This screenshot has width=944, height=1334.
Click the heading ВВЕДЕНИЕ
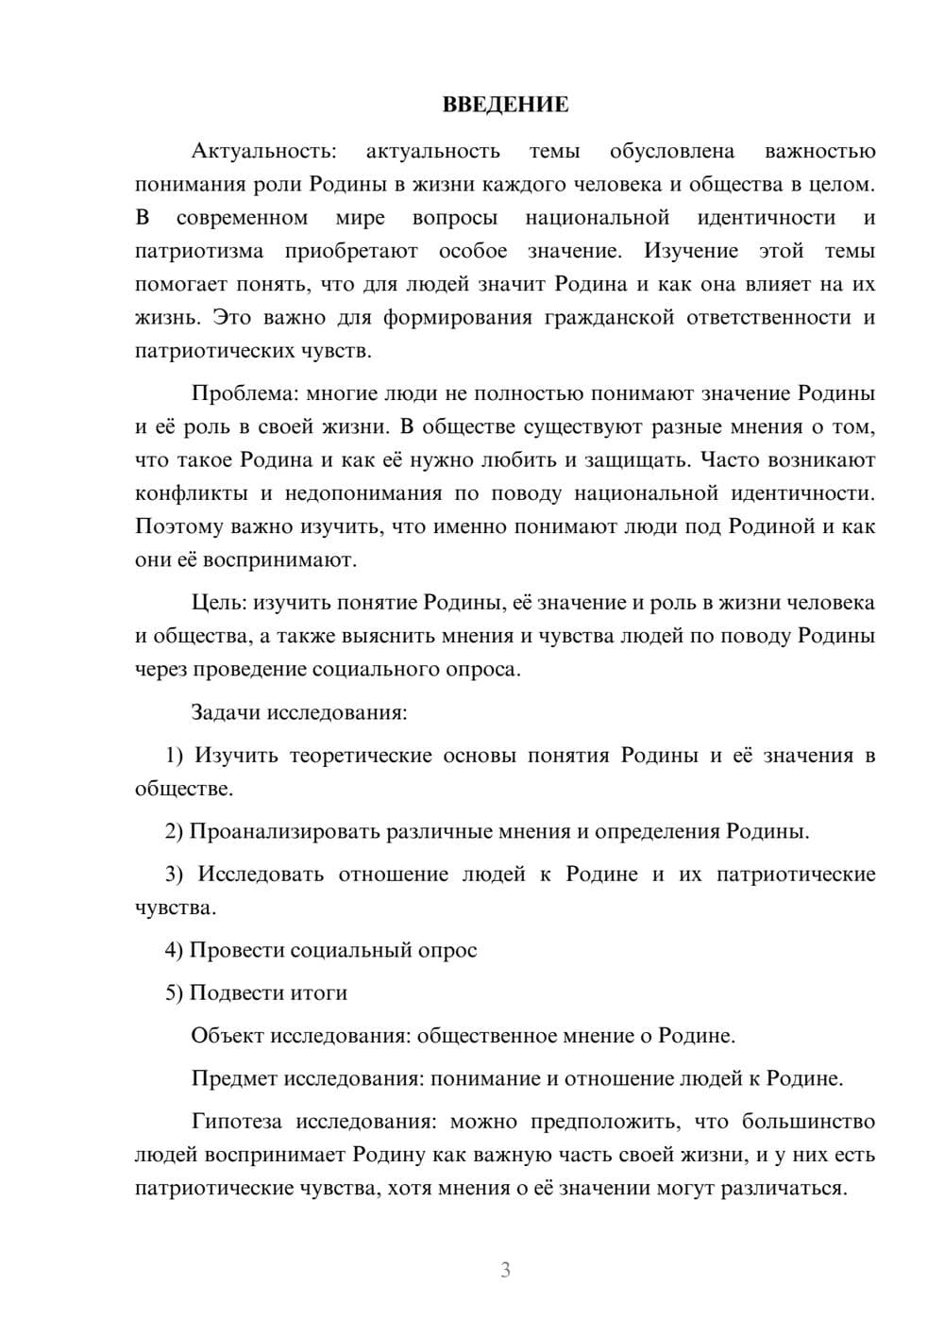[x=505, y=105]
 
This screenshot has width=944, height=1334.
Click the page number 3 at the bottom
[x=505, y=1270]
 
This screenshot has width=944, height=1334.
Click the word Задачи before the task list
[x=227, y=712]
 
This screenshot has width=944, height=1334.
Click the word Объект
[x=228, y=1036]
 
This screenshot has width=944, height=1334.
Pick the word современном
[x=242, y=218]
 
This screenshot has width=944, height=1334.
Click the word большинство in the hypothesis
[x=809, y=1122]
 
